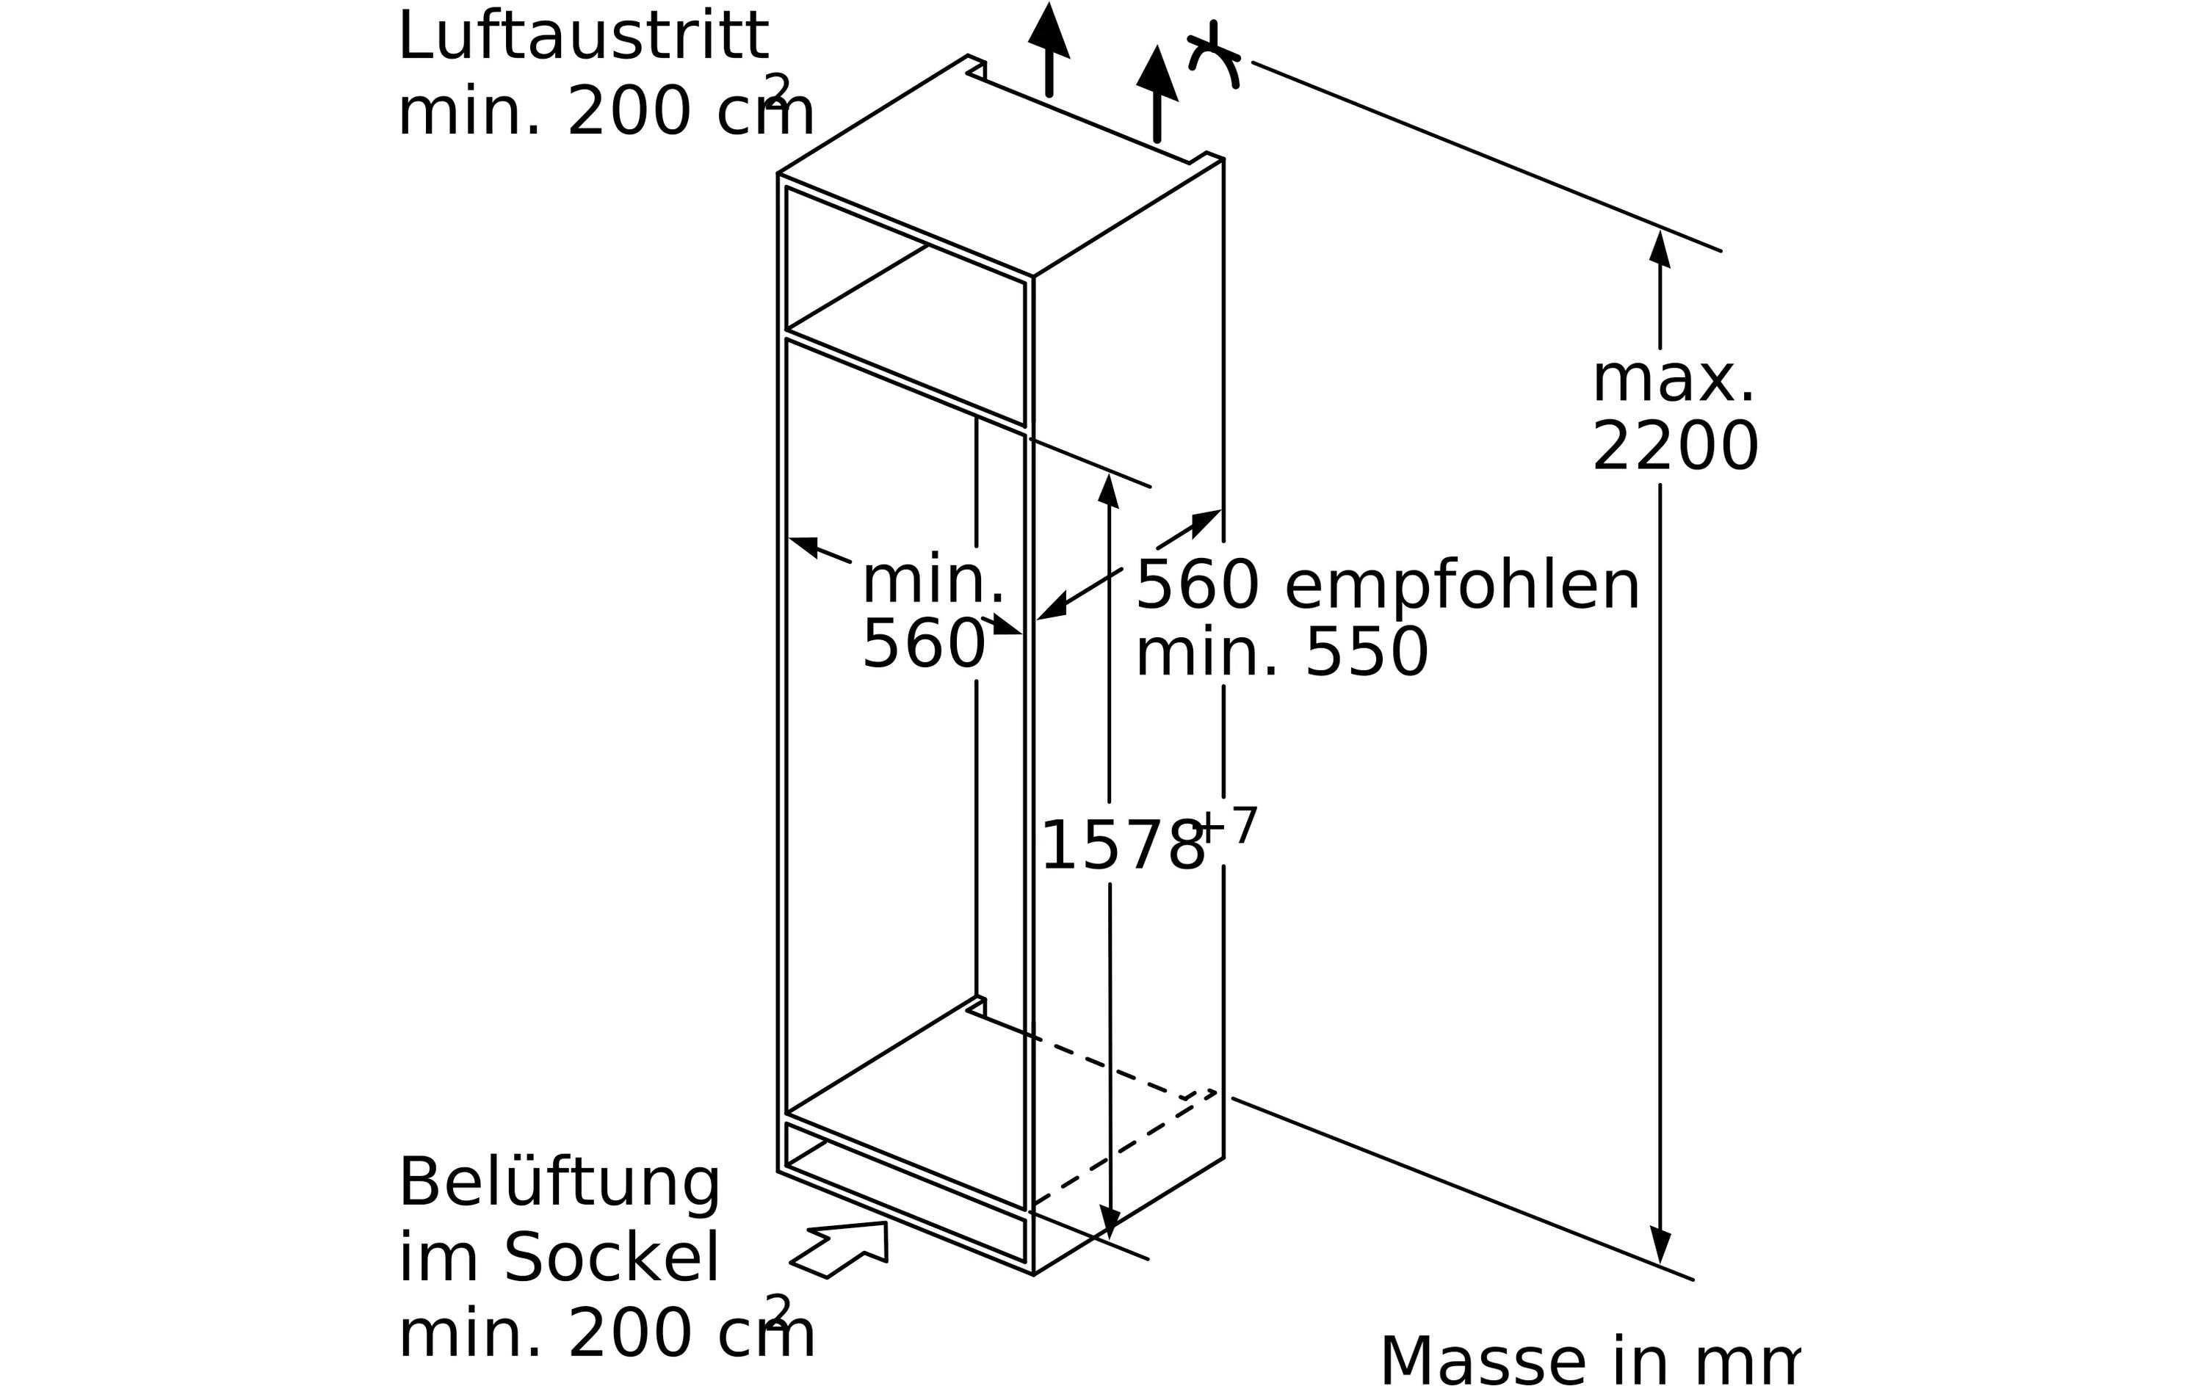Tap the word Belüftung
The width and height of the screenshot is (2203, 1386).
(559, 1184)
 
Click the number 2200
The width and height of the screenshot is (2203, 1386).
(1674, 449)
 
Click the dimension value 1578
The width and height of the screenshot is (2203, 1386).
(1121, 846)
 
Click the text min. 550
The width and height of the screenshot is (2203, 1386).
(1281, 654)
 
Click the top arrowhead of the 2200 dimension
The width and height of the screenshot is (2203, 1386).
(1660, 249)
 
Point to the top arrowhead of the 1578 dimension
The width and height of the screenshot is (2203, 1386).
(1109, 491)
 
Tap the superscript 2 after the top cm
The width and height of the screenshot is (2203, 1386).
(777, 90)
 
